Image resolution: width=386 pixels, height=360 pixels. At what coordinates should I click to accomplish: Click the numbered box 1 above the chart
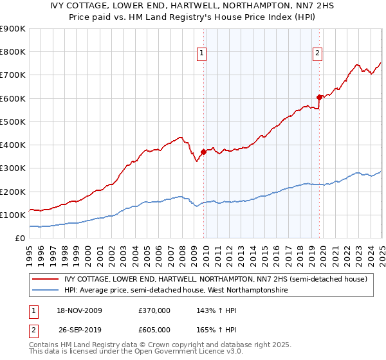pyautogui.click(x=202, y=53)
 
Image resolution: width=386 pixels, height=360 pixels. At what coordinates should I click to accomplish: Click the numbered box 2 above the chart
pyautogui.click(x=318, y=53)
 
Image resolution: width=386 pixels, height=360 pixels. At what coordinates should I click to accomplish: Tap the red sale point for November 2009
pyautogui.click(x=204, y=152)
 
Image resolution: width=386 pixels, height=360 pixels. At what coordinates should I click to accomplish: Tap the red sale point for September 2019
pyautogui.click(x=319, y=97)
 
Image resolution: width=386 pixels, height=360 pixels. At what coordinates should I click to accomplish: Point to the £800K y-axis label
pyautogui.click(x=13, y=51)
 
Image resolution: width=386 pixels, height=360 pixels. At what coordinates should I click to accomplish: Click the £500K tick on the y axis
pyautogui.click(x=13, y=122)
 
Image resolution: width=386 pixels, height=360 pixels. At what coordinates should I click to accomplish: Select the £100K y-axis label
pyautogui.click(x=13, y=215)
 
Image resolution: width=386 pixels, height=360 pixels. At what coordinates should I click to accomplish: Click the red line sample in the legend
pyautogui.click(x=45, y=279)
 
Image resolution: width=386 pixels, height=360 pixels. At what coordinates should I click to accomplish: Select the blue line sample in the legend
pyautogui.click(x=45, y=291)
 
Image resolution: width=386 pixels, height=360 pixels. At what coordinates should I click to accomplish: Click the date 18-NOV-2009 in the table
pyautogui.click(x=79, y=310)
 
